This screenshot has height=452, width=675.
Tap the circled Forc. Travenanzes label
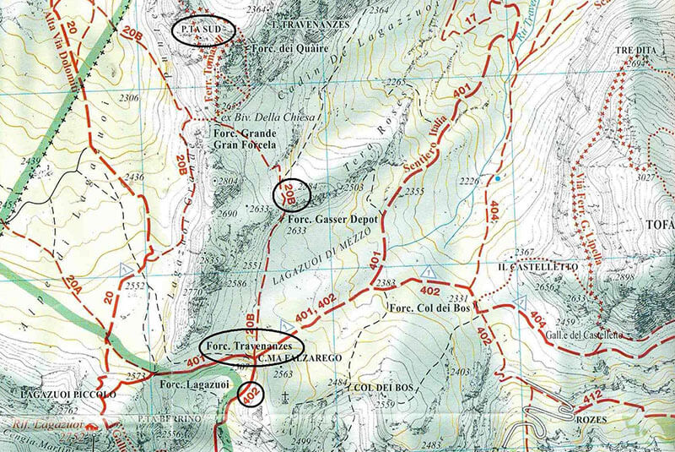tap(251, 346)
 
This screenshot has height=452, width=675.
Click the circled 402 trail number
tap(250, 394)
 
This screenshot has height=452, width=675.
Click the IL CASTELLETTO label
tap(537, 267)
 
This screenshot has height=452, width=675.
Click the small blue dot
tap(498, 178)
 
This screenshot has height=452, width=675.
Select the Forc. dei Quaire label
tap(283, 49)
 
